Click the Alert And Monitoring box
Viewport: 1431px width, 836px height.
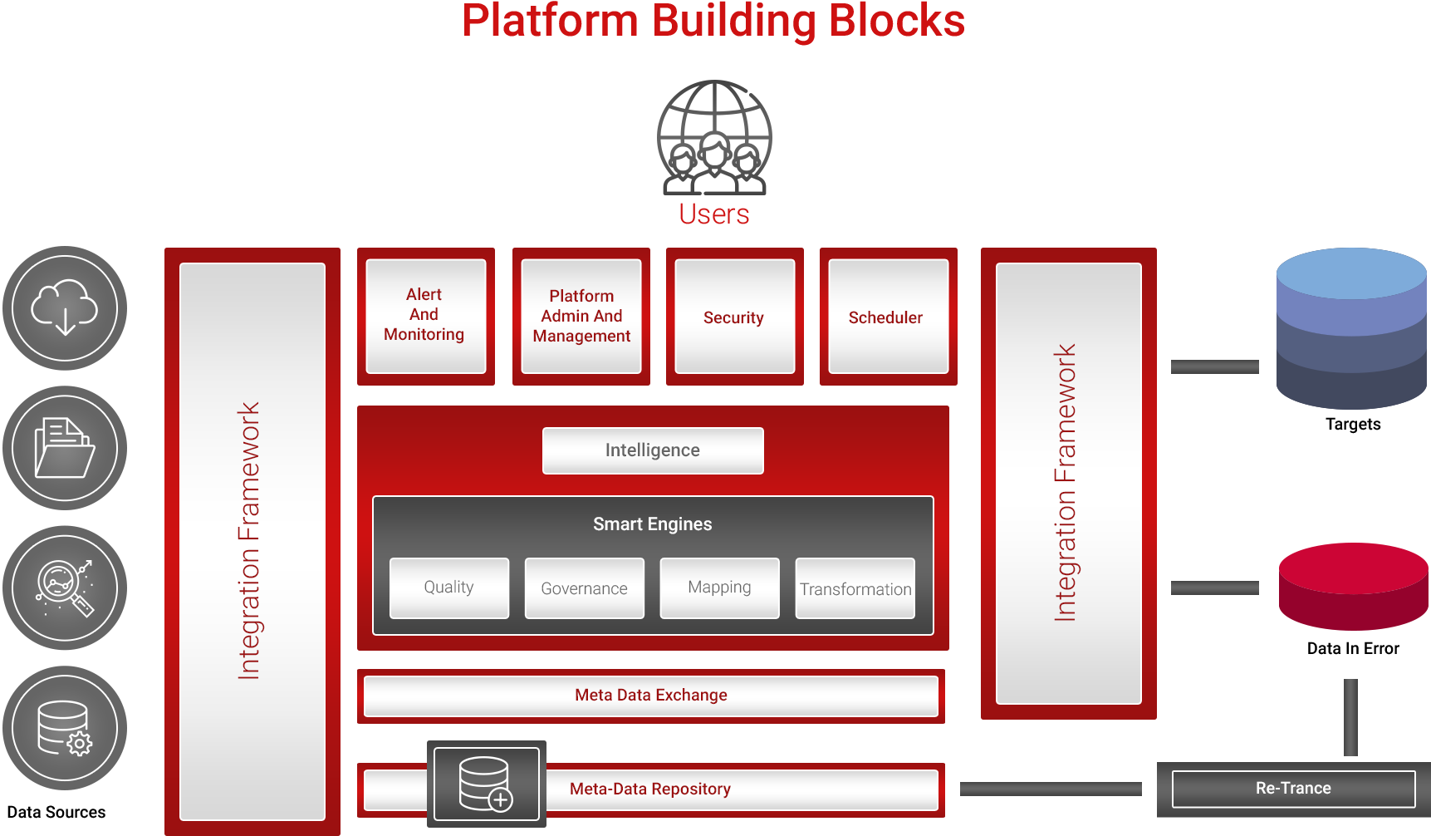pyautogui.click(x=425, y=316)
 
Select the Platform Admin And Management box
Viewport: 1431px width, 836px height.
pyautogui.click(x=581, y=316)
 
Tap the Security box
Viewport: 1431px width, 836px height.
pyautogui.click(x=734, y=317)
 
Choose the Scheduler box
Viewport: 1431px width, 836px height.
pyautogui.click(x=887, y=317)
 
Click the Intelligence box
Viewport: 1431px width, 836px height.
pyautogui.click(x=653, y=450)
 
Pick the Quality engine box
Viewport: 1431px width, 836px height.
pyautogui.click(x=449, y=588)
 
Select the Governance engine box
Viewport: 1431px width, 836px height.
pyautogui.click(x=584, y=588)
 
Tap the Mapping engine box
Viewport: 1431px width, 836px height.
pyautogui.click(x=719, y=588)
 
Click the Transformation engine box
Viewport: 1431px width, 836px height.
pyautogui.click(x=855, y=588)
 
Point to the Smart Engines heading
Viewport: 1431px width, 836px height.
pyautogui.click(x=653, y=524)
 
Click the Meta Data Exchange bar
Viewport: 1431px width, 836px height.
pyautogui.click(x=651, y=696)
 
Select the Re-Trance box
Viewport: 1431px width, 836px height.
pyautogui.click(x=1293, y=789)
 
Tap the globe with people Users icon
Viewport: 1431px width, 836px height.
pyautogui.click(x=714, y=138)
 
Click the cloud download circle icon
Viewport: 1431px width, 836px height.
pyautogui.click(x=65, y=308)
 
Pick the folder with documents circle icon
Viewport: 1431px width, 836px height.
pyautogui.click(x=65, y=448)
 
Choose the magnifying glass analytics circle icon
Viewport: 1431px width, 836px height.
pyautogui.click(x=65, y=588)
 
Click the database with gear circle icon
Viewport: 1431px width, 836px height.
pyautogui.click(x=65, y=728)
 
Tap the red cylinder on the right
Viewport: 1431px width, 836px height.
pyautogui.click(x=1353, y=587)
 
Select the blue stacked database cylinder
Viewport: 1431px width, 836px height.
pyautogui.click(x=1351, y=328)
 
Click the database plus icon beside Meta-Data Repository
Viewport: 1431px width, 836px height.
pyautogui.click(x=487, y=784)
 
